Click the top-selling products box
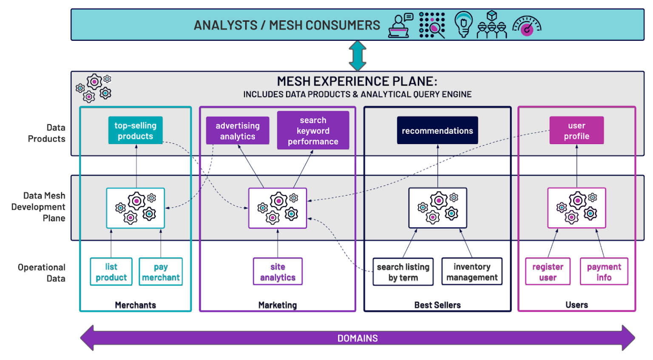point(135,130)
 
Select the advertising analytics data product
point(237,131)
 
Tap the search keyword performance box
point(313,130)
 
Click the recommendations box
point(437,130)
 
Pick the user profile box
point(576,130)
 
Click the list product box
point(111,272)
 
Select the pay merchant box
point(161,272)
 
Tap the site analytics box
point(278,272)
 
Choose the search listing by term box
point(403,272)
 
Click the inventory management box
point(471,272)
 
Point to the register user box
point(548,272)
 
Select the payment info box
point(604,272)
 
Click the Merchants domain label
point(135,305)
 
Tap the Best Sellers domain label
point(437,305)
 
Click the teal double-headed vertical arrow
point(358,56)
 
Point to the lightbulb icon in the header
point(463,24)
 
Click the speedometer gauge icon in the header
point(527,26)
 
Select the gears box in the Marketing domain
point(277,208)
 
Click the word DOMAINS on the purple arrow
point(357,338)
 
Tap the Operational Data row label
point(42,273)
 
